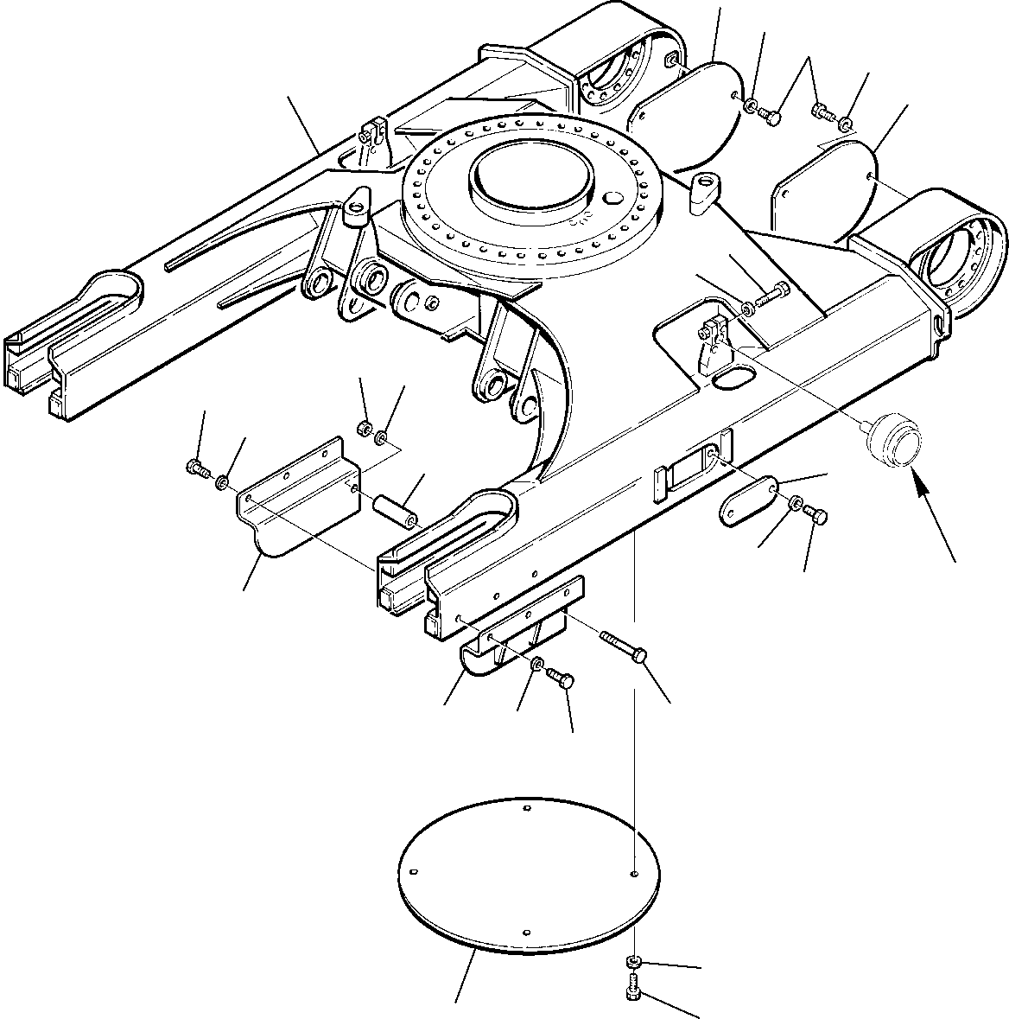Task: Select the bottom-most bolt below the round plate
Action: (631, 988)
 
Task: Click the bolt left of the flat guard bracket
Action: (197, 469)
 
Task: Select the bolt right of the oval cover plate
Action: (816, 516)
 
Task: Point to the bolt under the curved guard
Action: (562, 679)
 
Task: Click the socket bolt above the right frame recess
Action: (774, 296)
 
